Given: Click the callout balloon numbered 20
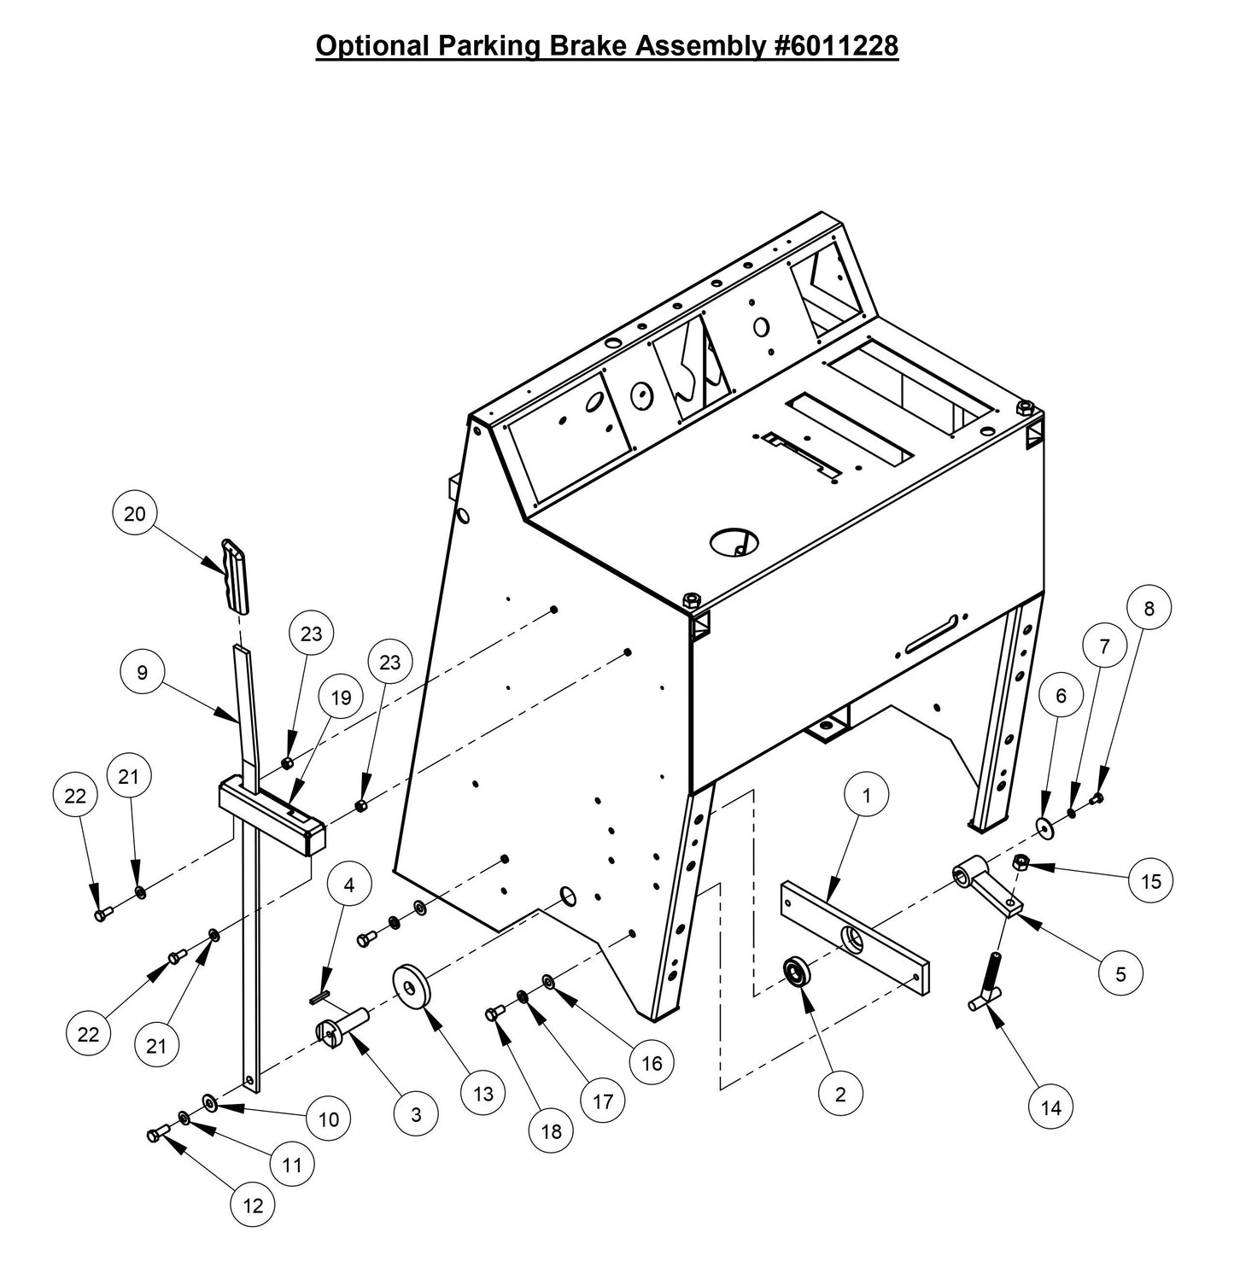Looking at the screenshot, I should point(135,514).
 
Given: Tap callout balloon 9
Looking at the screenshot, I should point(143,673).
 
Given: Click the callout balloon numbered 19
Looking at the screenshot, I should point(341,698).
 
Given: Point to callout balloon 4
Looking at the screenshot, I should point(348,885).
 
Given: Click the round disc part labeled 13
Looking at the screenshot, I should point(412,988).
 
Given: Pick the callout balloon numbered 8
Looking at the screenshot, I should point(1149,608).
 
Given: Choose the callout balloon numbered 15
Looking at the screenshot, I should point(1151,880).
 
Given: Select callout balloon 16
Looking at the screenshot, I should point(652,1063).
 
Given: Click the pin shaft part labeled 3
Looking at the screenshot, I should point(342,1025).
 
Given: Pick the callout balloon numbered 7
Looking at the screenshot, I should point(1104,647).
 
